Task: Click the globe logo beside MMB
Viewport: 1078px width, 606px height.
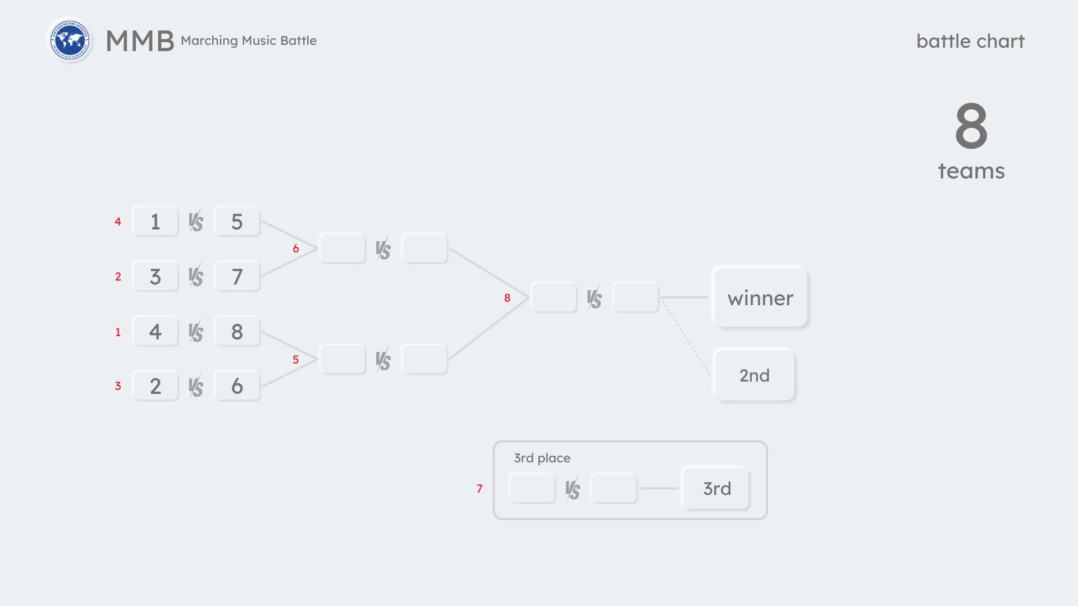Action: [70, 40]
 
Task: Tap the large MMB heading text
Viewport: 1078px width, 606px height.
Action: [140, 41]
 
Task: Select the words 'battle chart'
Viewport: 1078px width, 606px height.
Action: [970, 41]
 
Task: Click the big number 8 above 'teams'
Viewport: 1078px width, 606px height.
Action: [971, 126]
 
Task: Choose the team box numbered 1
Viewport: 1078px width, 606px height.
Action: [155, 222]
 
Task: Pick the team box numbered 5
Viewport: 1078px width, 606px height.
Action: [237, 222]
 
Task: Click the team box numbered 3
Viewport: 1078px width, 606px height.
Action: [155, 277]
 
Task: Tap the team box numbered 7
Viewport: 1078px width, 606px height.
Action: [237, 277]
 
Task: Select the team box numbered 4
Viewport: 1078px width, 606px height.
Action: [155, 332]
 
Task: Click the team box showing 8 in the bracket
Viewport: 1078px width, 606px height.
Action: [237, 332]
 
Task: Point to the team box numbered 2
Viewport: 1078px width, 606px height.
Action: [155, 386]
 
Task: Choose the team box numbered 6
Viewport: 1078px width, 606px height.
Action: [237, 386]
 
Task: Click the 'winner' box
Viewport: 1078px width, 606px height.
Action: [760, 297]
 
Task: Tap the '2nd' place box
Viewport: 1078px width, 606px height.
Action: [754, 375]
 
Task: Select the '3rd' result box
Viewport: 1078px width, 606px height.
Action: [716, 488]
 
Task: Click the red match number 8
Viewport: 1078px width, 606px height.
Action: [507, 298]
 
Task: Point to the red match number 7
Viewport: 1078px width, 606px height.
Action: [479, 489]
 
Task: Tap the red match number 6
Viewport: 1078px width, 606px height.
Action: [295, 249]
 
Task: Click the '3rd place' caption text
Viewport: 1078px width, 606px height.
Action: [542, 458]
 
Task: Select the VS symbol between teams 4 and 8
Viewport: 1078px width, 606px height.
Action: [196, 332]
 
